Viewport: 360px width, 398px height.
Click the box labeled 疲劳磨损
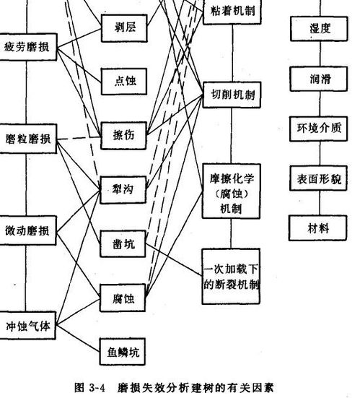pos(28,47)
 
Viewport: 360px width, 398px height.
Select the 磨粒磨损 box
pos(28,139)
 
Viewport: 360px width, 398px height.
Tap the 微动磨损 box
pos(27,230)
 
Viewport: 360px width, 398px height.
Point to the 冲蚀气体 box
pos(27,325)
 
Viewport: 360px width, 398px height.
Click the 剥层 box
pos(124,28)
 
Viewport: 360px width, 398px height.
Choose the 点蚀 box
pos(124,81)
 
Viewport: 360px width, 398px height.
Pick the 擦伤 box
pos(123,136)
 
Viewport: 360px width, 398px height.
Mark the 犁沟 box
pos(123,189)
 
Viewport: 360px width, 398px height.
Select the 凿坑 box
pos(123,243)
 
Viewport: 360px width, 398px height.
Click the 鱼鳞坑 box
pos(123,352)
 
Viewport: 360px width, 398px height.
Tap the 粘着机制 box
pos(232,12)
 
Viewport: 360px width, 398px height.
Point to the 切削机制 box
pos(232,95)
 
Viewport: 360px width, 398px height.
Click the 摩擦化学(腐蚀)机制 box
pos(232,191)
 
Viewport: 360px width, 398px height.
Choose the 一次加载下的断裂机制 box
pos(231,276)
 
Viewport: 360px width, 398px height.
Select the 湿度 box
pos(319,29)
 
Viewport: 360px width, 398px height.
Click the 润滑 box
pos(319,79)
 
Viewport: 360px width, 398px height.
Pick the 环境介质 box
pos(318,129)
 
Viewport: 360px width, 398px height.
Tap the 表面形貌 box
pos(318,178)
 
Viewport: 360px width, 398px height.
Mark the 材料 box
pos(318,228)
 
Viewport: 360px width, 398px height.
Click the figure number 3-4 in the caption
pos(97,388)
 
